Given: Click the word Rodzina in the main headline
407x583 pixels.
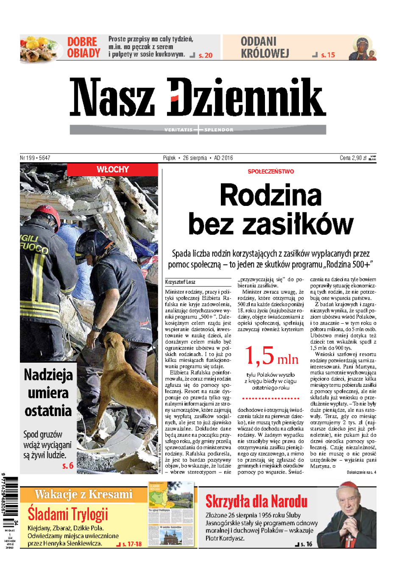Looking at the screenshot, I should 270,195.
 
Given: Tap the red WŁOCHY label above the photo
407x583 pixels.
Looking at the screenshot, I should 112,169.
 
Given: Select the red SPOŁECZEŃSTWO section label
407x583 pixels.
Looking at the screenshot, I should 270,172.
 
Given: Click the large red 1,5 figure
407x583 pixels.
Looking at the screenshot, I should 259,356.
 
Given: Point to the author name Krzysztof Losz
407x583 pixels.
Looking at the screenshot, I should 180,282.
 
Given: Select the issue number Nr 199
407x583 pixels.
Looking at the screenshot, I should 28,158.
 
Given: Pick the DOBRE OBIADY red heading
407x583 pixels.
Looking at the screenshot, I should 84,47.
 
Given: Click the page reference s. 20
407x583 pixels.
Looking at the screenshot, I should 205,55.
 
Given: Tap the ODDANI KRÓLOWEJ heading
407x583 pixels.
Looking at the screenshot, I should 265,47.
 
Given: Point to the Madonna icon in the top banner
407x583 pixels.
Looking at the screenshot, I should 362,48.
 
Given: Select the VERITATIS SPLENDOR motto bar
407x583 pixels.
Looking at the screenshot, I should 198,130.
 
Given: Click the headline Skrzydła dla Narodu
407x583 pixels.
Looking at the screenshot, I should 256,502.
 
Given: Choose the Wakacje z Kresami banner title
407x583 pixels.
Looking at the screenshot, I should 84,494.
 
